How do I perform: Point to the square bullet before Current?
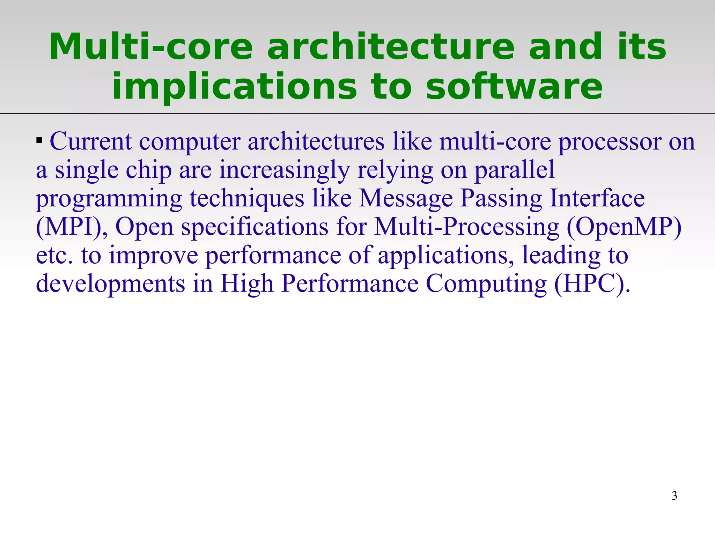click(39, 141)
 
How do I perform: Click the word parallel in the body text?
click(514, 170)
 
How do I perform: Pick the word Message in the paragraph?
click(406, 199)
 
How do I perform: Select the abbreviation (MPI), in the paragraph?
click(72, 227)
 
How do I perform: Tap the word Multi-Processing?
click(466, 227)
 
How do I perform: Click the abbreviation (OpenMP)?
click(624, 227)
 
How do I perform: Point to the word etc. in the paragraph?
click(54, 256)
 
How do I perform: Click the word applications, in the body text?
click(446, 256)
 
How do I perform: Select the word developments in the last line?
click(110, 284)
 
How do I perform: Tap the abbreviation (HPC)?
click(592, 284)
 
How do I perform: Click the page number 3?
click(674, 495)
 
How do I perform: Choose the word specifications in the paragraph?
click(255, 227)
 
